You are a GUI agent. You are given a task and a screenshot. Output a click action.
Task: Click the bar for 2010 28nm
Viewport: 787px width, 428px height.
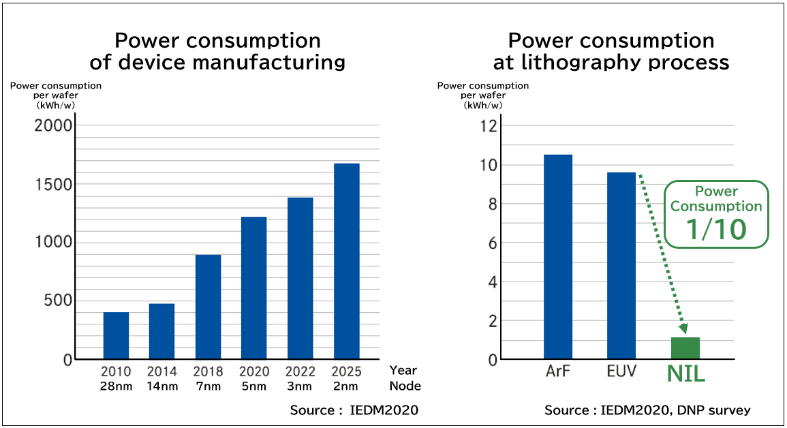coord(116,335)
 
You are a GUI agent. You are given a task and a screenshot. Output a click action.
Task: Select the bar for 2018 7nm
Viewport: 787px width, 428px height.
coord(208,307)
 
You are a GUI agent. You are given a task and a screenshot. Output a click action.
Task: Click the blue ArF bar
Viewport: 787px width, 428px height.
coord(558,256)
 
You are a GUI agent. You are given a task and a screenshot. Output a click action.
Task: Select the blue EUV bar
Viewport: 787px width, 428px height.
coord(621,265)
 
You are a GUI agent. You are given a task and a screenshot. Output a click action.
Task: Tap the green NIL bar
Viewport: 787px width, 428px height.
coord(685,348)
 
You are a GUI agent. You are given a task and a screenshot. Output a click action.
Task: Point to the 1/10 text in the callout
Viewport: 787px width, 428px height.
coord(716,230)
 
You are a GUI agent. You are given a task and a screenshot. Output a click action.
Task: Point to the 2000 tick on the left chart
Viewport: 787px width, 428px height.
coord(53,125)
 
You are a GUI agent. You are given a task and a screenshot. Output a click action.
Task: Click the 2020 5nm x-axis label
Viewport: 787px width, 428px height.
coord(253,378)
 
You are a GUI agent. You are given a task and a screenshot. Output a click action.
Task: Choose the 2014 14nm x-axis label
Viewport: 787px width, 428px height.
coord(161,378)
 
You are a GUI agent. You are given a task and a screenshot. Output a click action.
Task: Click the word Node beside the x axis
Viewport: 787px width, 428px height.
coord(405,386)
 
